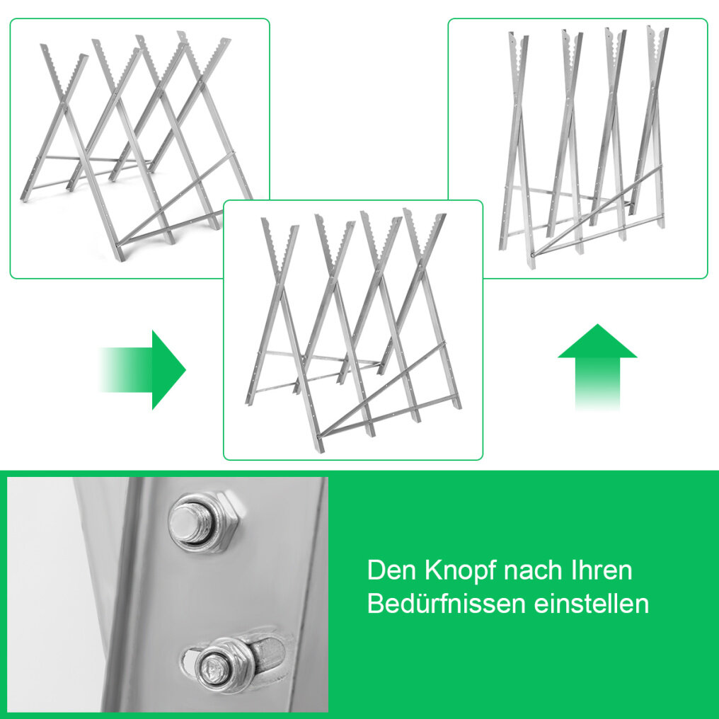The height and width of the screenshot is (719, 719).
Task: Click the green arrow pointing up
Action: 597,367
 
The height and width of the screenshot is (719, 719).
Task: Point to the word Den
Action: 392,570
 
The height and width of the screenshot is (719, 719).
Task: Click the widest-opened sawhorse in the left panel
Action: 135,146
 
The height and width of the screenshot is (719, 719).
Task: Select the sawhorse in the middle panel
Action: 353,330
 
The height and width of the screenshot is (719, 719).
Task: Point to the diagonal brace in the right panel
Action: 596,212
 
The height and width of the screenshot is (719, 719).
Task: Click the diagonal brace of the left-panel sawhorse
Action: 176,198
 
